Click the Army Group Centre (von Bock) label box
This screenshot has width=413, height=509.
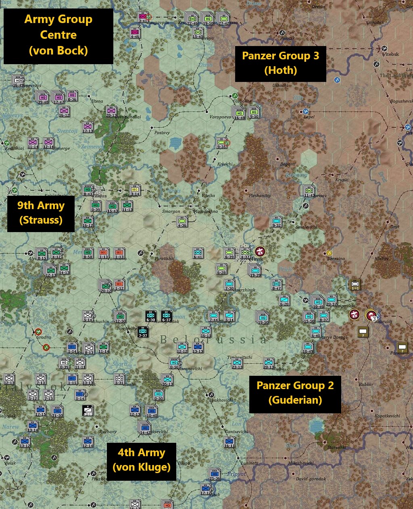[58, 35]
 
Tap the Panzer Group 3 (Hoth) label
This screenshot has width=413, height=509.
[280, 63]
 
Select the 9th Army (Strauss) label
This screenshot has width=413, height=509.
[41, 213]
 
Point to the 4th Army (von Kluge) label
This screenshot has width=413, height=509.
[141, 460]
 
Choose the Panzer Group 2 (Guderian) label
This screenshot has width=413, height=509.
[295, 393]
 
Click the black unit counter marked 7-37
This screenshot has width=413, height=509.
[143, 332]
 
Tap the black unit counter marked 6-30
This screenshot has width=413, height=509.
[150, 316]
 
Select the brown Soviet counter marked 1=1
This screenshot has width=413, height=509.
[355, 285]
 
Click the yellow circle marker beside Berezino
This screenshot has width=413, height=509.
[330, 253]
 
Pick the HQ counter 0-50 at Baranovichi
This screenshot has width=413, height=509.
[174, 363]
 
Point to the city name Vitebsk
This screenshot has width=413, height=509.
[390, 54]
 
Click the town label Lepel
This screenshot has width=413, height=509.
[309, 117]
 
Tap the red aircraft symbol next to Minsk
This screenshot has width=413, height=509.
[259, 251]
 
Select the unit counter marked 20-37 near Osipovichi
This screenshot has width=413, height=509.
[331, 301]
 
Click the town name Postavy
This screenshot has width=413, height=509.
[162, 133]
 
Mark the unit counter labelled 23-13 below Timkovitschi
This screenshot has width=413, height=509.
[237, 363]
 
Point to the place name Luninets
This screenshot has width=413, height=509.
[249, 463]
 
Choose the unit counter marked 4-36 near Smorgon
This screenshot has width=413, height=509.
[182, 222]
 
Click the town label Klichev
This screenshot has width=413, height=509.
[382, 258]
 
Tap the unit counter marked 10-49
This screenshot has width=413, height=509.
[308, 348]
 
